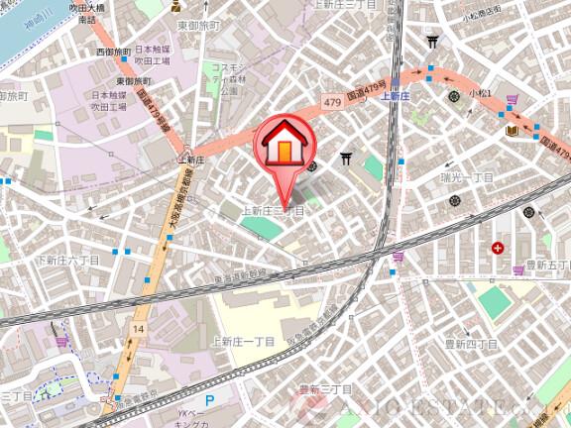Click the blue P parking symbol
[208, 400]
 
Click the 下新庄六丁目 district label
[67, 260]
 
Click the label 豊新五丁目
[544, 265]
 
